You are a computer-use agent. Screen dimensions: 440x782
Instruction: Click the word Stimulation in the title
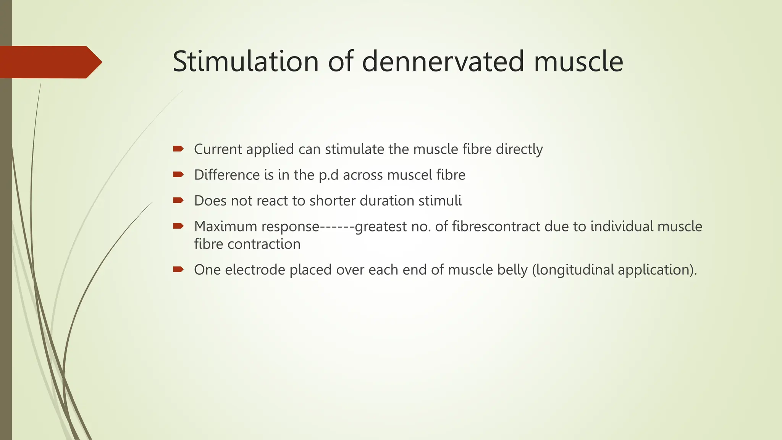tap(246, 61)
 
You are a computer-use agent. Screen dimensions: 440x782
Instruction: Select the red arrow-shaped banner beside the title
tap(50, 62)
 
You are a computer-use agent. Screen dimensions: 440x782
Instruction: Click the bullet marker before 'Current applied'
tap(178, 149)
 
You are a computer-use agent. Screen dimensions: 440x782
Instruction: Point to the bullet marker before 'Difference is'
tap(178, 175)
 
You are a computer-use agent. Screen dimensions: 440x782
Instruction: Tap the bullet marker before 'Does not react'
tap(178, 200)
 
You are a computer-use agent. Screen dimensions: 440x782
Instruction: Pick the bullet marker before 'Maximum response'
tap(178, 226)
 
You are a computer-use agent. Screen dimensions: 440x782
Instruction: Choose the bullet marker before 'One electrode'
tap(178, 269)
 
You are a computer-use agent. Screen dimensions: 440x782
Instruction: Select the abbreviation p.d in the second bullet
tap(329, 175)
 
